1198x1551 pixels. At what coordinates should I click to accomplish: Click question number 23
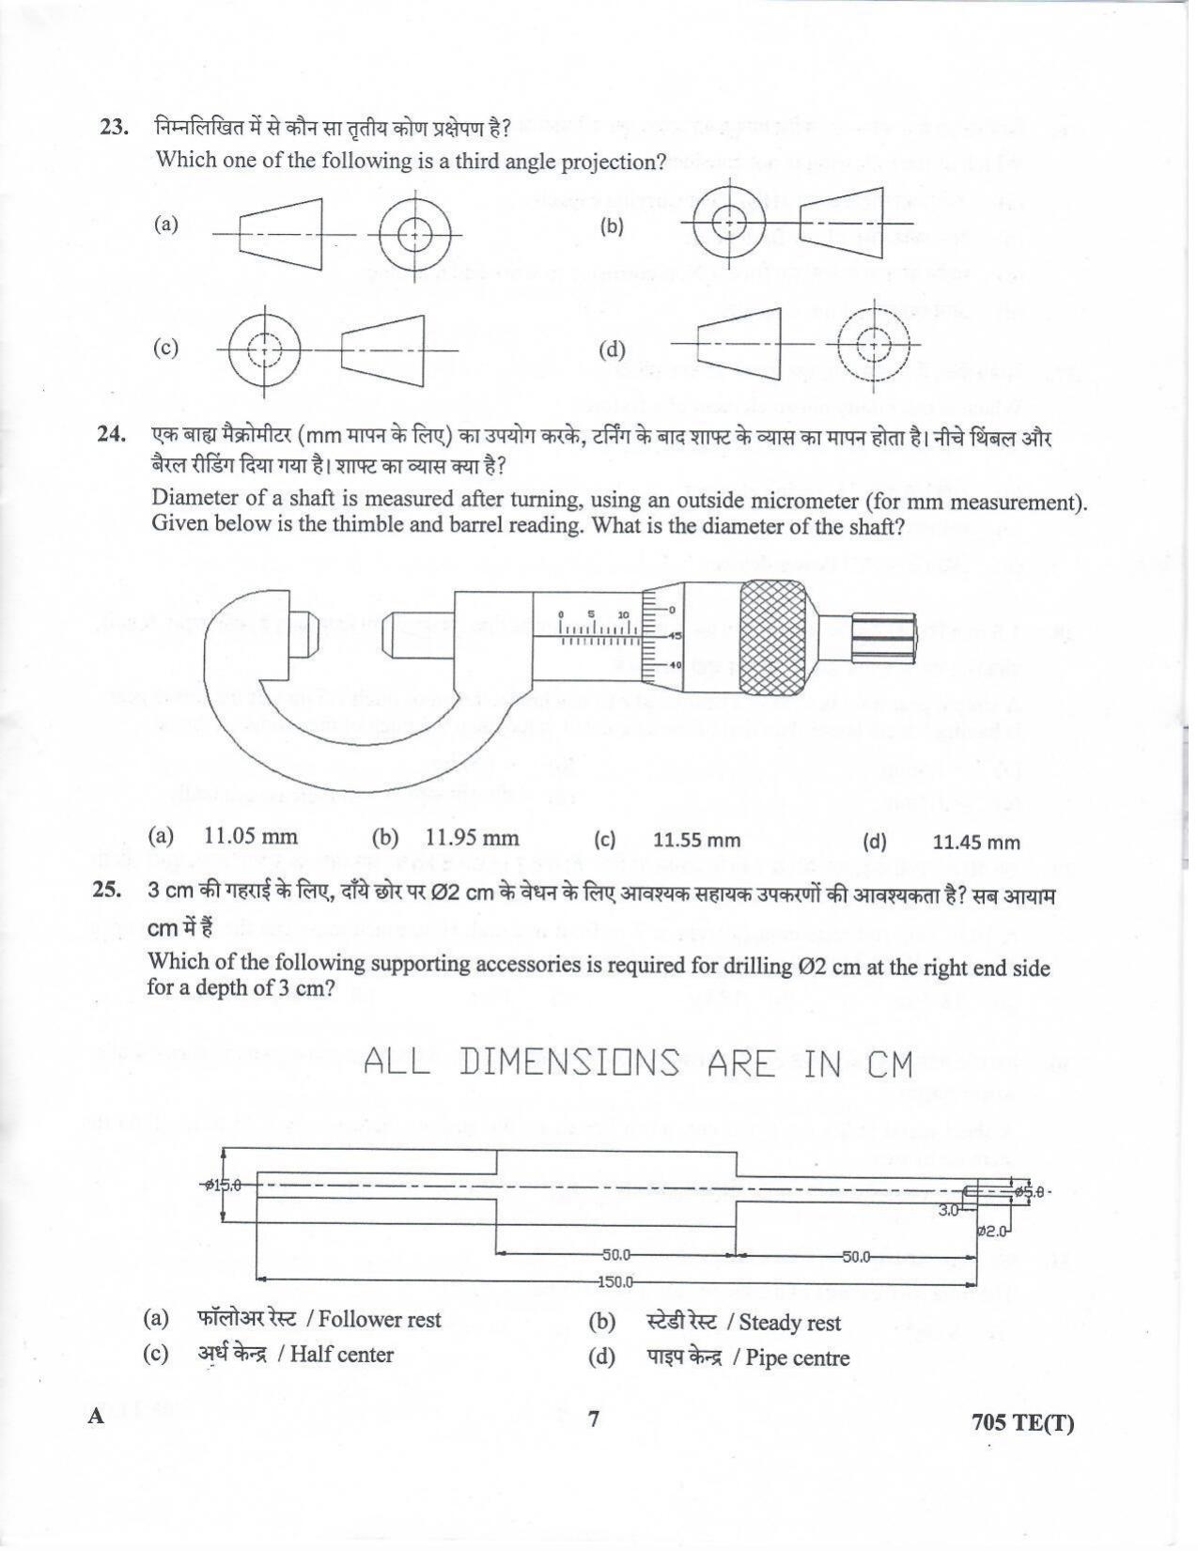click(x=114, y=128)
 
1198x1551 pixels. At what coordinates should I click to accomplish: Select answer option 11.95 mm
click(x=471, y=838)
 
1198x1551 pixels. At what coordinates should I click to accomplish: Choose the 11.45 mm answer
click(x=976, y=843)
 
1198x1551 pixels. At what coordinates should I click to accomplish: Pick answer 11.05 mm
click(x=250, y=836)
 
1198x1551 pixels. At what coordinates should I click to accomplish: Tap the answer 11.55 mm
click(x=696, y=841)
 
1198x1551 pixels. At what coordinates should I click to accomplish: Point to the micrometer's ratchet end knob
click(x=884, y=638)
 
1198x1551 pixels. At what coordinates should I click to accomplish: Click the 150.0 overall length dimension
click(x=615, y=1281)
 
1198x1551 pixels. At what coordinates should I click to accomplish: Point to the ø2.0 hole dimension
click(x=991, y=1231)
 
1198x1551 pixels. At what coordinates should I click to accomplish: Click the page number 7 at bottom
click(x=594, y=1419)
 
